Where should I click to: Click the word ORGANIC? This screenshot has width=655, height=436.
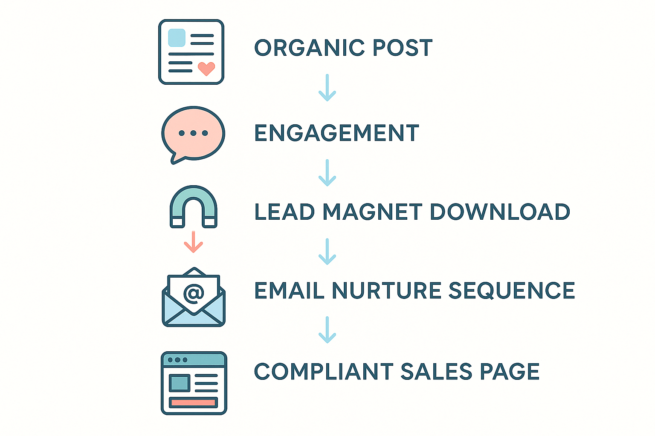point(309,48)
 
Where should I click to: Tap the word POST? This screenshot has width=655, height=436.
point(402,48)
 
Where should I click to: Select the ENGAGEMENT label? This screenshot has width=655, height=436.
point(336,133)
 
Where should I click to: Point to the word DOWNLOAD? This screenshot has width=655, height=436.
point(499,212)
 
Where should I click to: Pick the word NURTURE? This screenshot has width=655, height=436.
point(386,291)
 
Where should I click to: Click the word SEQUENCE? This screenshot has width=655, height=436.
point(512,291)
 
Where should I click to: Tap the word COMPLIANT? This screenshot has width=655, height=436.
point(324,372)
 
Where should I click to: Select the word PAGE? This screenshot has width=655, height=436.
point(510,372)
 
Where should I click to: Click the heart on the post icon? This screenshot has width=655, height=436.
point(206,68)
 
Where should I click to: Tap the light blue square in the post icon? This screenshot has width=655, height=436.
point(177,38)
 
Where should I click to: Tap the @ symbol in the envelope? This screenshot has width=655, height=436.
point(194,293)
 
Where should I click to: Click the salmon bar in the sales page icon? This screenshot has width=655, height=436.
point(194,402)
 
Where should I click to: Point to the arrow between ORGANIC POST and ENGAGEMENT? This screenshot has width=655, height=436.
point(327,88)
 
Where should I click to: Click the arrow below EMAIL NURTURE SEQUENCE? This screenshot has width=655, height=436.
point(327,330)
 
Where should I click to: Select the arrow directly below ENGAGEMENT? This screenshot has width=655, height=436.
point(327,173)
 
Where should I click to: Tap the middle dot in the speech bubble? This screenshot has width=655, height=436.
point(193,133)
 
